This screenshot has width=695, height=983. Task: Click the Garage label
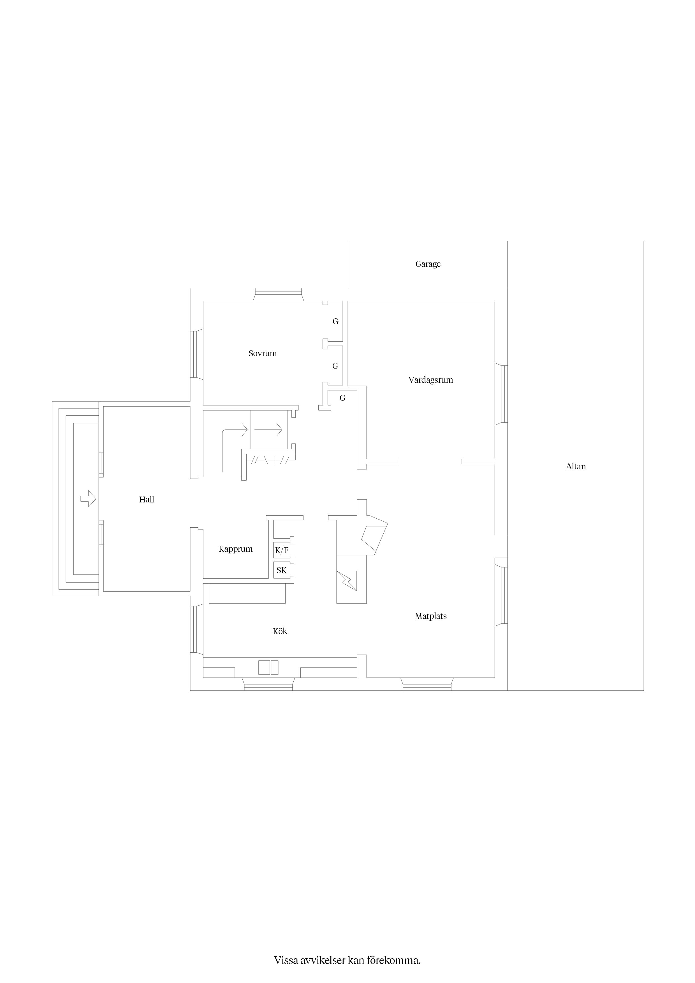click(x=428, y=264)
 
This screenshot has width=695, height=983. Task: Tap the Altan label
click(x=576, y=467)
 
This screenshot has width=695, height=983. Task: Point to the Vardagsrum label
click(x=430, y=380)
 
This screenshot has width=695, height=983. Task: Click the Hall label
click(x=147, y=499)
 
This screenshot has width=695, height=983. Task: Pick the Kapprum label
click(x=235, y=549)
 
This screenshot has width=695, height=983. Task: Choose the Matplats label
click(x=431, y=616)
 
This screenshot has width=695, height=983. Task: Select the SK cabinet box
click(x=282, y=570)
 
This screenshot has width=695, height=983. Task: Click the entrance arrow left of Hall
click(x=88, y=499)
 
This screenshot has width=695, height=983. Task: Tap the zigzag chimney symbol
click(x=347, y=581)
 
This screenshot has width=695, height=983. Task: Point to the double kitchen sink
click(x=268, y=667)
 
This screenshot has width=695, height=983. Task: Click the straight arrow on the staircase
click(x=268, y=429)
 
